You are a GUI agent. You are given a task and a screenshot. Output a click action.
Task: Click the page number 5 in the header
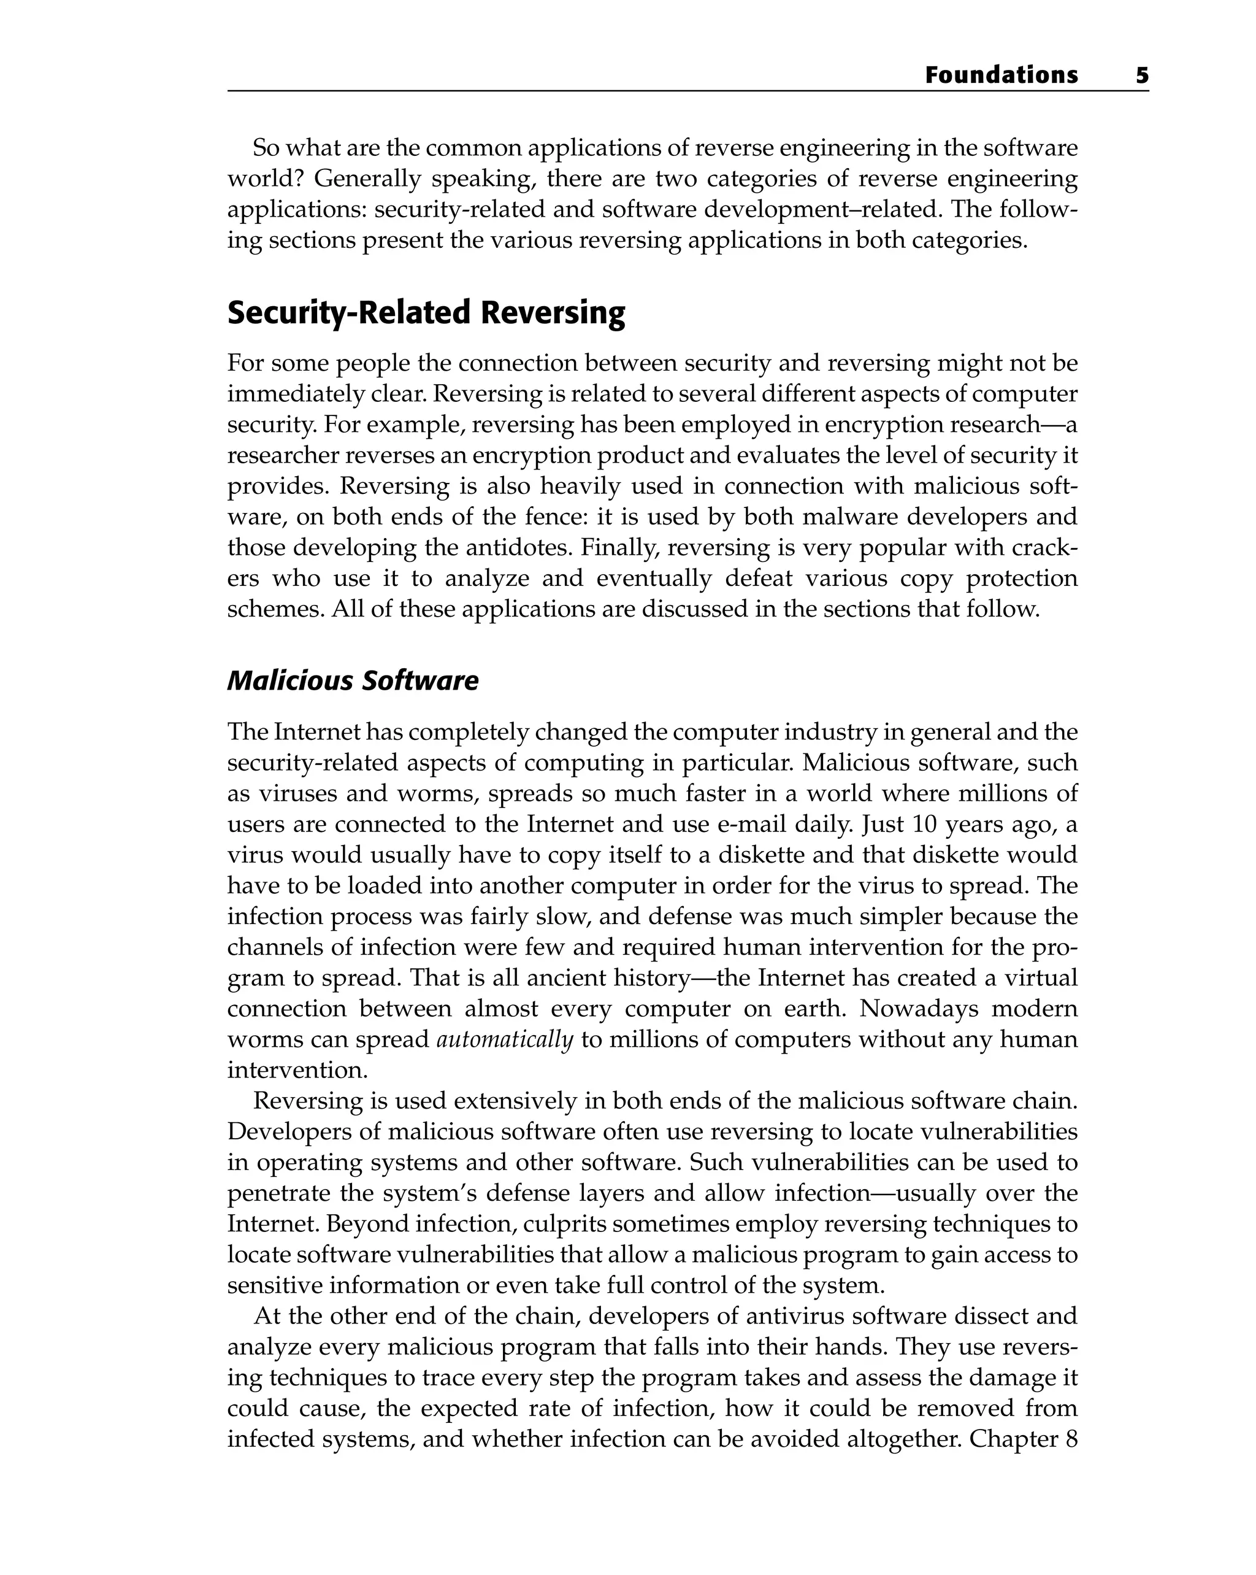point(1141,75)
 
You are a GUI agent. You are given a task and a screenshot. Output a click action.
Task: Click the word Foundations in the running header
point(1000,75)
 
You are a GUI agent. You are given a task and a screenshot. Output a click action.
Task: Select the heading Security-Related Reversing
point(426,313)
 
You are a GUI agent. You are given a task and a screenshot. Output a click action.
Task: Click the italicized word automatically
point(505,1039)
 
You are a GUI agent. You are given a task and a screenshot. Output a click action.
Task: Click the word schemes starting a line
point(275,609)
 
